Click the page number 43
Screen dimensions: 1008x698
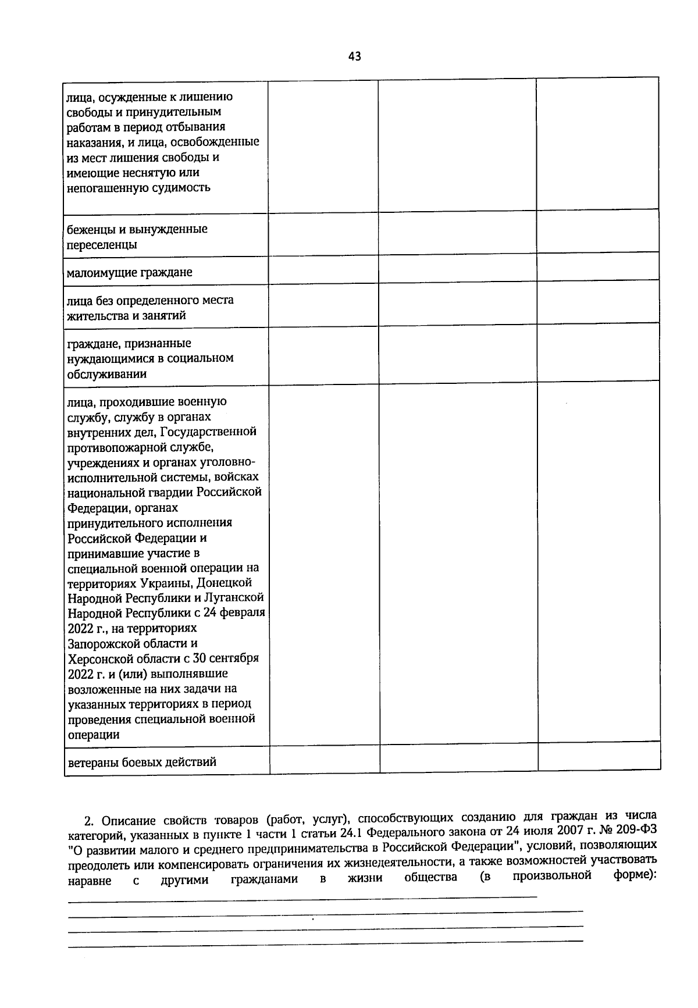tap(354, 56)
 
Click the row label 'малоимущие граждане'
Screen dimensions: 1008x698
tap(129, 272)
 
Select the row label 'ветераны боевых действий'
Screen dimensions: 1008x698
tap(142, 762)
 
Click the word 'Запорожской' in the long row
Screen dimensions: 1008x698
tap(101, 644)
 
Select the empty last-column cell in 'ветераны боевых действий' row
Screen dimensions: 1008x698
tap(599, 758)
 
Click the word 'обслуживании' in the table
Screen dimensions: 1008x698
tap(106, 374)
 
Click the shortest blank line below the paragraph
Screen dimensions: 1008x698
tap(302, 902)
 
